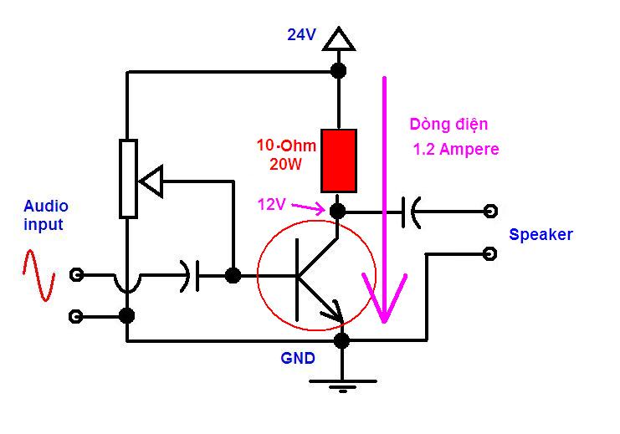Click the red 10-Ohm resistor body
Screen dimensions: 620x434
pos(339,161)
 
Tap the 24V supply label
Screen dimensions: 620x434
pos(301,35)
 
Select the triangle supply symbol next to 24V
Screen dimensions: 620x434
pos(339,38)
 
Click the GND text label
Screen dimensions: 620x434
pos(298,358)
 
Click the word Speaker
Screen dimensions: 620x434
pos(541,235)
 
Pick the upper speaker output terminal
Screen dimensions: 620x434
pos(490,211)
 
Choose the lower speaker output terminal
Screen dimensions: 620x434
pos(490,253)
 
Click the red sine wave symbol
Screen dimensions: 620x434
pos(38,275)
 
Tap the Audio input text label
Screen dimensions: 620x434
pos(46,216)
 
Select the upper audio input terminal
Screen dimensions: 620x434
pos(76,274)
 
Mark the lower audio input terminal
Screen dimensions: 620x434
pos(76,317)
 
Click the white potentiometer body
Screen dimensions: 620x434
pos(129,179)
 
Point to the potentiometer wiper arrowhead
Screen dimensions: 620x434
pos(151,181)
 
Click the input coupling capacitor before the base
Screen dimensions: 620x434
pos(190,276)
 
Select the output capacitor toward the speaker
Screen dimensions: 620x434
pos(411,212)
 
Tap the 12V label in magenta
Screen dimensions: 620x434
pos(271,204)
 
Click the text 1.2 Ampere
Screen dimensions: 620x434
pos(456,150)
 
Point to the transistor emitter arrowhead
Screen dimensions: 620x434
pos(334,312)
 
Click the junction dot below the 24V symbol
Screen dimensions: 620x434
pos(339,71)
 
